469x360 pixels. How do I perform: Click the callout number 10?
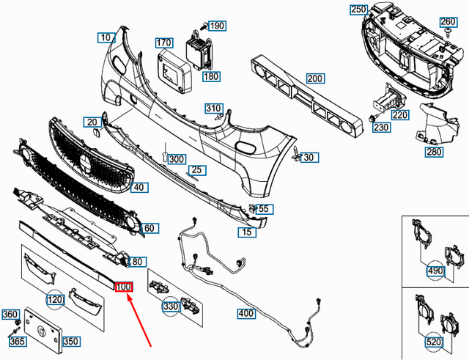point(106,37)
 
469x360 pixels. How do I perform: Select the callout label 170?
point(164,43)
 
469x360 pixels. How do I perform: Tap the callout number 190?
point(217,26)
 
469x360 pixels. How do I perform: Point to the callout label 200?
point(315,78)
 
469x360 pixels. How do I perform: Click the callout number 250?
point(358,10)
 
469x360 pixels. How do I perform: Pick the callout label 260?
point(448,21)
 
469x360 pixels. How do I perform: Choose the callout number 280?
point(434,152)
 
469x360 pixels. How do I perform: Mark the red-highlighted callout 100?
point(122,287)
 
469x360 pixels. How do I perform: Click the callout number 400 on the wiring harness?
point(245,314)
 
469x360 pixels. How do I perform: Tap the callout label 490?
point(436,272)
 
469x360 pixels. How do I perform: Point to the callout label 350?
point(71,341)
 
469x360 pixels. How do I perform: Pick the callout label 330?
point(171,306)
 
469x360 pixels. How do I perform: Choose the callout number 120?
point(56,300)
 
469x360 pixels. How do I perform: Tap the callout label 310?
point(213,109)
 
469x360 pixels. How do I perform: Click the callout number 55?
point(265,209)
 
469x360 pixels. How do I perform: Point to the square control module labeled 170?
point(177,69)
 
